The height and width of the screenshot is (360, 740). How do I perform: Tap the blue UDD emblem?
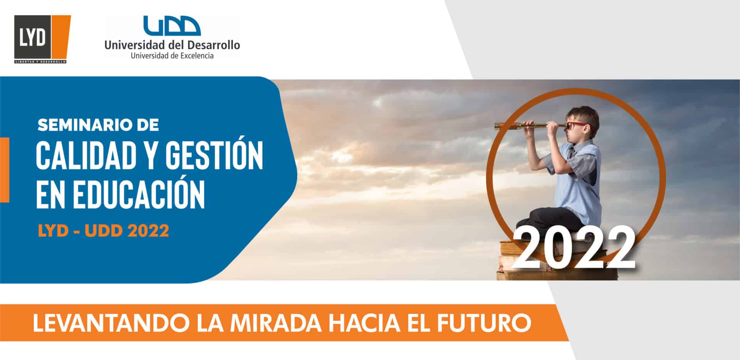tap(172, 25)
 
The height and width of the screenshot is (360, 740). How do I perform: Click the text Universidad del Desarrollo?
tap(172, 45)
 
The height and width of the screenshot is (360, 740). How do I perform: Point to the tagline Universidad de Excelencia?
tap(172, 56)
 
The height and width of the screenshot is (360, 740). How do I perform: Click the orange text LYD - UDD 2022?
tap(103, 231)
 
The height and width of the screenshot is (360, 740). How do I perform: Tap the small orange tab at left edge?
tap(5, 170)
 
